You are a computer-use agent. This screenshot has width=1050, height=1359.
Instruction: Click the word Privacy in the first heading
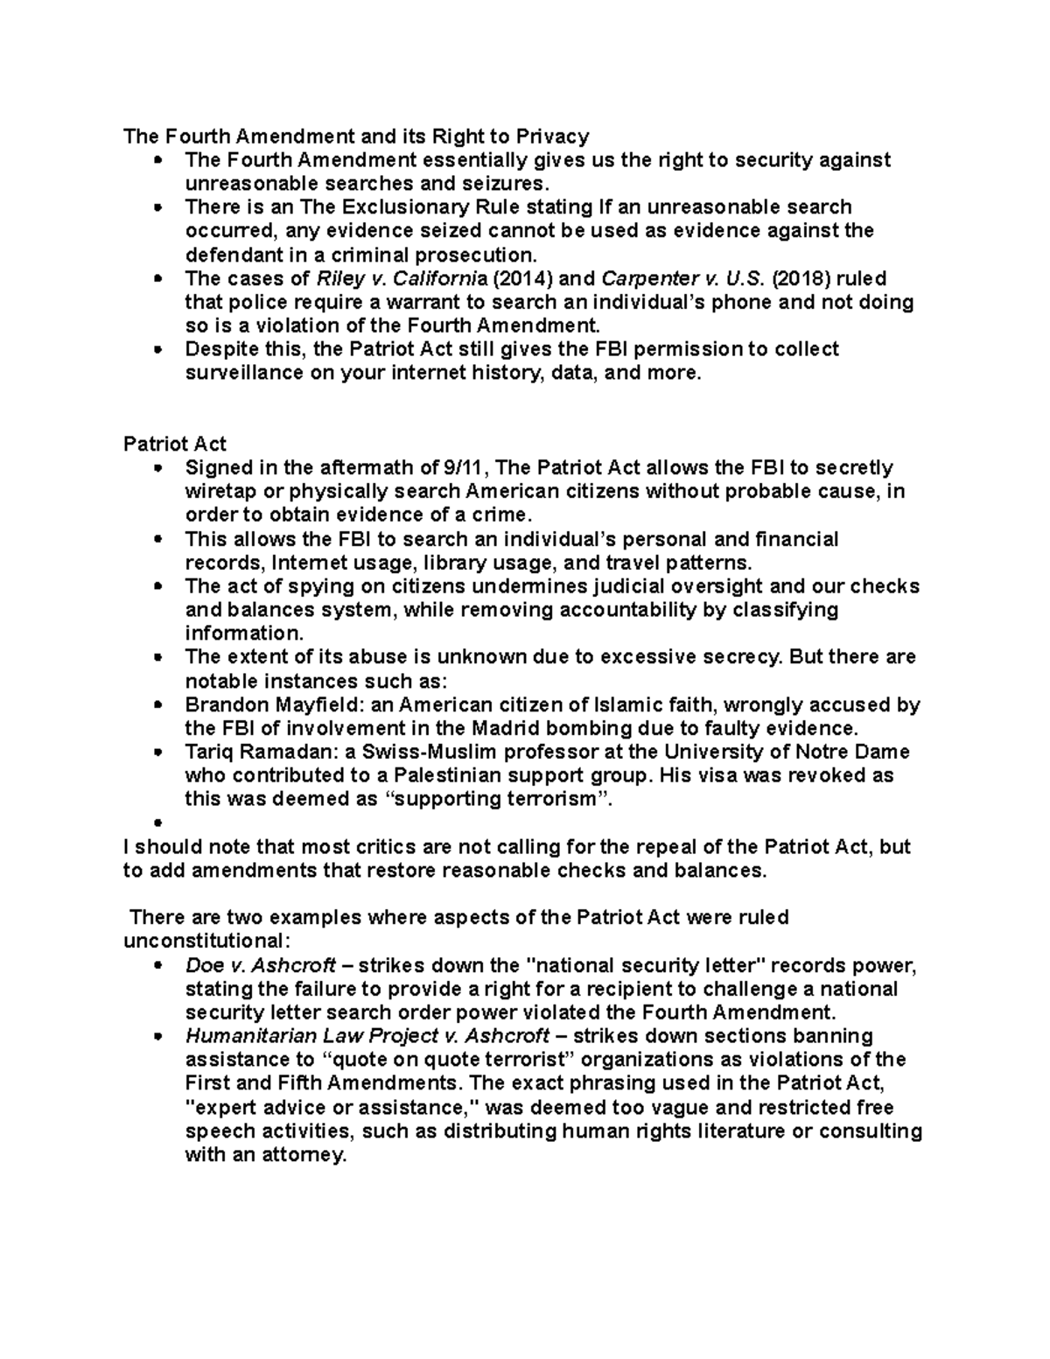pyautogui.click(x=552, y=137)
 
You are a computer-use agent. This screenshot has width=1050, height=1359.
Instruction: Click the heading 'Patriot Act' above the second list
pyautogui.click(x=175, y=444)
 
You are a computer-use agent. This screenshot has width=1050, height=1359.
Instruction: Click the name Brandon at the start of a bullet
pyautogui.click(x=221, y=704)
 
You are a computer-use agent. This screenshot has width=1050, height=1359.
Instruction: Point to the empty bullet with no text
pyautogui.click(x=158, y=823)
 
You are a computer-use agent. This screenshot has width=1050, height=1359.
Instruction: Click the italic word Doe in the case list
pyautogui.click(x=202, y=966)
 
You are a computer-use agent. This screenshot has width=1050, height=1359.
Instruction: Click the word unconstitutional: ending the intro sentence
pyautogui.click(x=205, y=941)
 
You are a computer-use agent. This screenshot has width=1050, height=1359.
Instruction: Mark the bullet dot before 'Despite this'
pyautogui.click(x=158, y=350)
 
